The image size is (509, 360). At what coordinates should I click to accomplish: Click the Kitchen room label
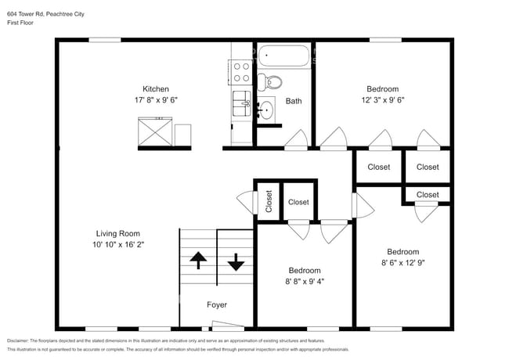[x=155, y=88]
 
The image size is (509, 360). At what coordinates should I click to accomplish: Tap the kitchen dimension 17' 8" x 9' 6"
[x=155, y=100]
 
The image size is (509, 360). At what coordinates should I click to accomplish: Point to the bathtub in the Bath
[x=285, y=56]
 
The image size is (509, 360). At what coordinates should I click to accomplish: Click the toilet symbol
[x=270, y=80]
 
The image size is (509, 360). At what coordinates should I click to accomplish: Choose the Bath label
[x=294, y=101]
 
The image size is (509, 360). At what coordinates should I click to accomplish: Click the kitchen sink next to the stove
[x=241, y=102]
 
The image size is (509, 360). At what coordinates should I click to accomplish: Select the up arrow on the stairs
[x=197, y=261]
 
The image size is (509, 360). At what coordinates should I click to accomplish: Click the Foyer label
[x=217, y=304]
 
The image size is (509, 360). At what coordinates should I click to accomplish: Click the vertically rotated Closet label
[x=268, y=201]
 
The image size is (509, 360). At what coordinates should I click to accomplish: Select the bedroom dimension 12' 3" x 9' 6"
[x=382, y=100]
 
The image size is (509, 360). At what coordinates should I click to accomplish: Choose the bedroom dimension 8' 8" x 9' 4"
[x=304, y=282]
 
